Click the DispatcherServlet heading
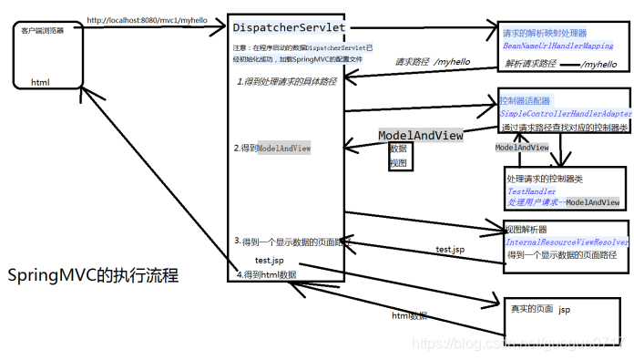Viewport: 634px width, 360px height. pyautogui.click(x=289, y=28)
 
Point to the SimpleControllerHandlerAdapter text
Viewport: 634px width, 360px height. pyautogui.click(x=564, y=113)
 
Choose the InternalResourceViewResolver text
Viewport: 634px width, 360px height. pyautogui.click(x=567, y=242)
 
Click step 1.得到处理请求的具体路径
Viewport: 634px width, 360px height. pyautogui.click(x=286, y=82)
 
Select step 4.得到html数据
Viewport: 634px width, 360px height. pyautogui.click(x=267, y=273)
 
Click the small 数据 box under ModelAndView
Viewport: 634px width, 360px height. pyautogui.click(x=398, y=149)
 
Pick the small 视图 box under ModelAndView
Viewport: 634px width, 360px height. pyautogui.click(x=398, y=162)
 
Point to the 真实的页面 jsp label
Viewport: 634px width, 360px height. pyautogui.click(x=540, y=309)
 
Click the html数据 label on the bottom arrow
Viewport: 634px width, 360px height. pyautogui.click(x=410, y=315)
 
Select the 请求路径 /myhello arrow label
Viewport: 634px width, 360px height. pyautogui.click(x=430, y=63)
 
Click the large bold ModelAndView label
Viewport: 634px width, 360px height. pyautogui.click(x=420, y=135)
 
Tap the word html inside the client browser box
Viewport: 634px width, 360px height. pyautogui.click(x=41, y=82)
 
